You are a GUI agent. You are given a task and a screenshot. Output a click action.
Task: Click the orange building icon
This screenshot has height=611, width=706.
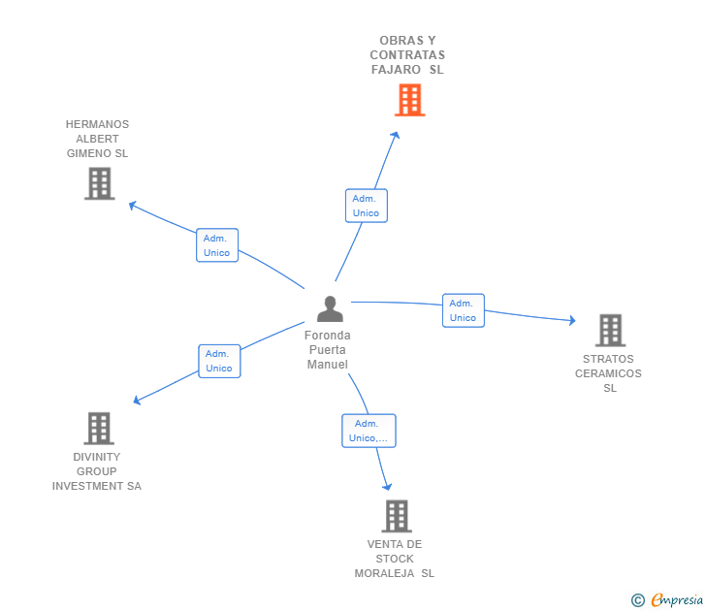pos(409,100)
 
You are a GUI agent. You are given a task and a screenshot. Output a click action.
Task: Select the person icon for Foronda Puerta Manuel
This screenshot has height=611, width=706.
pos(330,308)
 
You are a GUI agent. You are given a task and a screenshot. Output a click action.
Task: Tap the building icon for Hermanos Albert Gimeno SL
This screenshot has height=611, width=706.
pos(100,183)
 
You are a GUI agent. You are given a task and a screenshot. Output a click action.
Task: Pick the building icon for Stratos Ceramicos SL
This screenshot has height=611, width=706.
pos(611,330)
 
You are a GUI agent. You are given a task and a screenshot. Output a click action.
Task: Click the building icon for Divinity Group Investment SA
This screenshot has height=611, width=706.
pos(99,429)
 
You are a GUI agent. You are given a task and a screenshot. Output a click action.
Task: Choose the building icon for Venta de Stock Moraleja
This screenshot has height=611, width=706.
pos(397,516)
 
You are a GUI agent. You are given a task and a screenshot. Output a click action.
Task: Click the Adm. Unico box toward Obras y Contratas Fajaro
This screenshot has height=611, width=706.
pos(367,206)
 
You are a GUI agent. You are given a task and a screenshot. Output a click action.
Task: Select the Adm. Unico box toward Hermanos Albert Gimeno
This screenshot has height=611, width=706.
pos(217,245)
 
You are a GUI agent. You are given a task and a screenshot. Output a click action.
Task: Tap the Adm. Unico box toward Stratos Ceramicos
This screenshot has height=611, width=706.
pos(464,310)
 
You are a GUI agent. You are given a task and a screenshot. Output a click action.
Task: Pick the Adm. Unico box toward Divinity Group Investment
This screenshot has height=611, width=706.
pos(219,361)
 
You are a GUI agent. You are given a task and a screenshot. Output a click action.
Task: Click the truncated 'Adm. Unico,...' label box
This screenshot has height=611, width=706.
pos(369,431)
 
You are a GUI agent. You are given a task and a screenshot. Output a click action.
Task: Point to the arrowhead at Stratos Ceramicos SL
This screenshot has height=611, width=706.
pos(573,320)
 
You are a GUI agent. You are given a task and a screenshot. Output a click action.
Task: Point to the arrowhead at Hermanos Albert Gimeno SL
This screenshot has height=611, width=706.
pos(132,206)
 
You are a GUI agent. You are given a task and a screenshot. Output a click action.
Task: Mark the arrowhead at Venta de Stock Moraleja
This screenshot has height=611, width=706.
pos(388,487)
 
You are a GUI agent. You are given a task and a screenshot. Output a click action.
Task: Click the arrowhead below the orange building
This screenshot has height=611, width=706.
pos(396,135)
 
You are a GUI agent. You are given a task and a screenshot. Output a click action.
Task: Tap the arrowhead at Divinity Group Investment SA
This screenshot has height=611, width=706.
pos(137,400)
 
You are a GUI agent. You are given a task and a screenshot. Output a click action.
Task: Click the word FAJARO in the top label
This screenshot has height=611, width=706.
pos(396,70)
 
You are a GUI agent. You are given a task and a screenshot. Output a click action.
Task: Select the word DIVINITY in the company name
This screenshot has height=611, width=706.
pos(97,457)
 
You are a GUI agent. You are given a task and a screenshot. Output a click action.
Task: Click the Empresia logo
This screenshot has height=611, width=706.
pos(667,599)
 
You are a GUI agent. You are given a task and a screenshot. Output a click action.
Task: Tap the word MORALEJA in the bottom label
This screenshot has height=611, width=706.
pos(384,573)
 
